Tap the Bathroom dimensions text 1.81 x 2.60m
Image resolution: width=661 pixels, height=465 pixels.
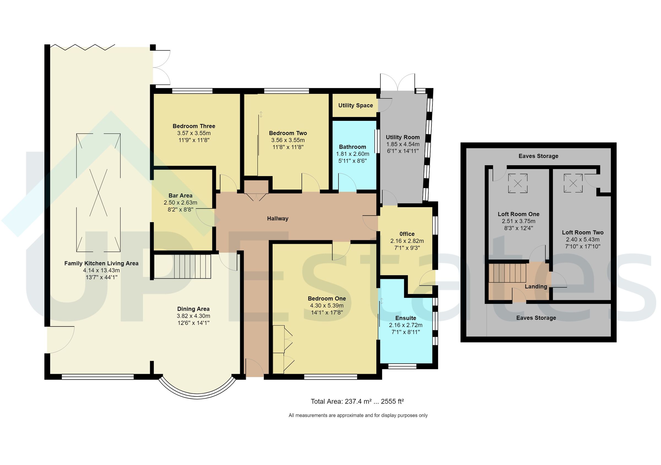pyautogui.click(x=352, y=154)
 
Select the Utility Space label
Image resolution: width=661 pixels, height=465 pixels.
pyautogui.click(x=356, y=105)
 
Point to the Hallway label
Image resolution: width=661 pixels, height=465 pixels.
pyautogui.click(x=278, y=219)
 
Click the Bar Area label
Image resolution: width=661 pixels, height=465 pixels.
pyautogui.click(x=180, y=196)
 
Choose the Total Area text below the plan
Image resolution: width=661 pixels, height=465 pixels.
pyautogui.click(x=357, y=401)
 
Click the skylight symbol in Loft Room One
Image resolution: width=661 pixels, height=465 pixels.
pyautogui.click(x=518, y=183)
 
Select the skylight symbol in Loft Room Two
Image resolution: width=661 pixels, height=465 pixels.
pyautogui.click(x=573, y=183)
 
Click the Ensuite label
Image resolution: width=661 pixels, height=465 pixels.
pyautogui.click(x=406, y=318)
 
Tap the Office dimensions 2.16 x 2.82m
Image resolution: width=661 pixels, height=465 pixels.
pyautogui.click(x=407, y=241)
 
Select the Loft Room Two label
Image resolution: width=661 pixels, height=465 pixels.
pyautogui.click(x=583, y=232)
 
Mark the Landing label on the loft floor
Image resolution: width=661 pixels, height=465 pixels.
pyautogui.click(x=536, y=287)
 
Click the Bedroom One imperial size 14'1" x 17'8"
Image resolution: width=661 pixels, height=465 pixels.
pyautogui.click(x=327, y=312)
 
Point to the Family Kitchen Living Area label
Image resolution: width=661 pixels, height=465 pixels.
pyautogui.click(x=101, y=263)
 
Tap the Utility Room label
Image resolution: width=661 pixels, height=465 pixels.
pyautogui.click(x=403, y=137)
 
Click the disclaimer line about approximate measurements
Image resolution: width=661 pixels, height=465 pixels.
pyautogui.click(x=358, y=415)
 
